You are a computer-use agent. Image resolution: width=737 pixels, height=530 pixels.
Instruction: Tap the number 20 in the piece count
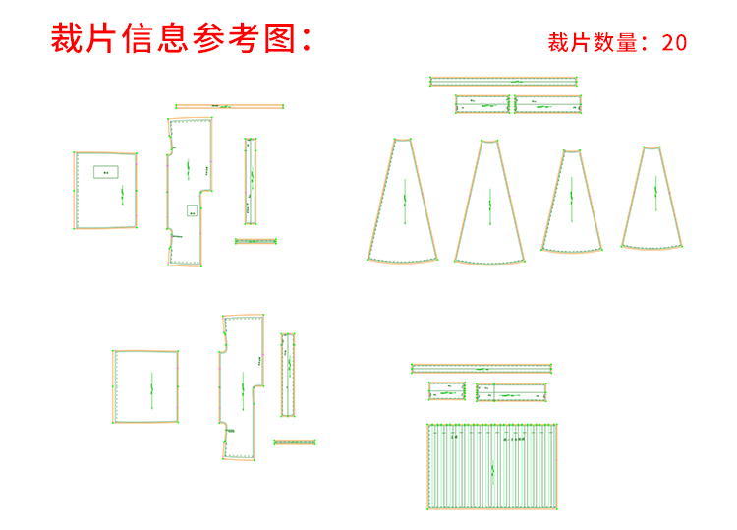[674, 42]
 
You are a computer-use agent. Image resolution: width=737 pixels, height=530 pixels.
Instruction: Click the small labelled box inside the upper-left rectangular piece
[106, 172]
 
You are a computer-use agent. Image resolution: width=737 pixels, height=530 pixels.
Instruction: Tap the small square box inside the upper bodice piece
[193, 209]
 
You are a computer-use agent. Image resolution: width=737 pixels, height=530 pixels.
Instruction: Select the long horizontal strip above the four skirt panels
[503, 82]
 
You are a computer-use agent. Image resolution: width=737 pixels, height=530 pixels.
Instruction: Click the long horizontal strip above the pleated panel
[482, 369]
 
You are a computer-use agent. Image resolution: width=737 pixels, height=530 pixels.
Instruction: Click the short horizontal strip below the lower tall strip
[295, 442]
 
